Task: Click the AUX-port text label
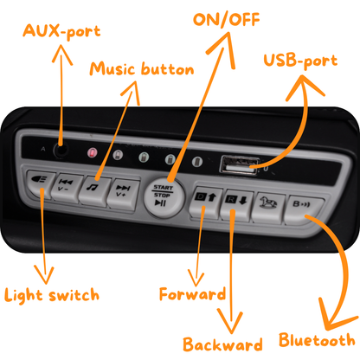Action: [61, 31]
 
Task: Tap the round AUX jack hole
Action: [61, 150]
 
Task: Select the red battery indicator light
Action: [93, 152]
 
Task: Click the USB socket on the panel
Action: [240, 165]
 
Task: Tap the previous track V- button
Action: [66, 188]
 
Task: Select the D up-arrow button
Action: [205, 202]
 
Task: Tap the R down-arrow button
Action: [236, 205]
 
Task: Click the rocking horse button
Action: [268, 207]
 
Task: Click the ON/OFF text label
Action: [227, 20]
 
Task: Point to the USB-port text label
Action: [300, 61]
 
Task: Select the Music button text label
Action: [142, 69]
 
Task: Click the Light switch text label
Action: [52, 295]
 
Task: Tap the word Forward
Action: [193, 294]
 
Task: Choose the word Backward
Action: [222, 344]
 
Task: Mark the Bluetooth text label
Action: [317, 340]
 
